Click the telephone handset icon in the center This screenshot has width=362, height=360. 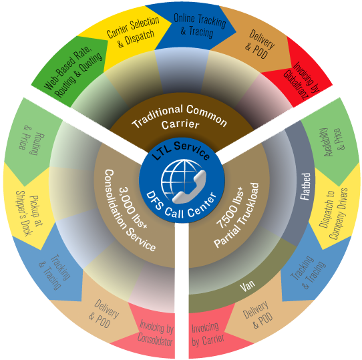click(x=189, y=187)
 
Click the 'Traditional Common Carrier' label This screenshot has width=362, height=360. click(x=180, y=118)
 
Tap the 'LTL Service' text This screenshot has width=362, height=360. click(x=182, y=150)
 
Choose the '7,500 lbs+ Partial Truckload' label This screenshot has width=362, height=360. click(x=236, y=215)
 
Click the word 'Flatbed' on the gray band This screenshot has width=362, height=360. click(x=305, y=186)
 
